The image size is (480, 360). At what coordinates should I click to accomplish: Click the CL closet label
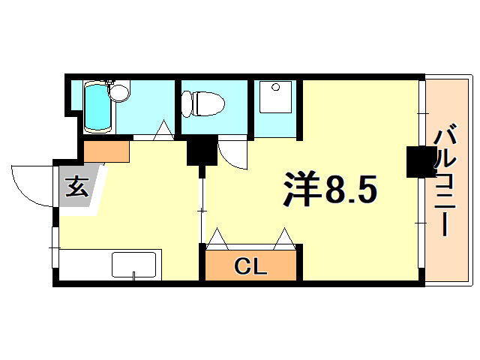(250, 265)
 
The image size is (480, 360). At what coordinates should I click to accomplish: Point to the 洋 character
(303, 188)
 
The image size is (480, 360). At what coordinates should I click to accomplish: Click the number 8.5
(349, 189)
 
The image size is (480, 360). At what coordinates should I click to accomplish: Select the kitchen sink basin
(133, 265)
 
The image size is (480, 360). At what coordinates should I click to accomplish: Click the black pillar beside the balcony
(420, 162)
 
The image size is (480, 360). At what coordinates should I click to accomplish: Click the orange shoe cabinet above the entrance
(106, 151)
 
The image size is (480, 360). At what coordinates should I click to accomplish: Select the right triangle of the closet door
(285, 239)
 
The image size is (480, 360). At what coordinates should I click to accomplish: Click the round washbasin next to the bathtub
(119, 91)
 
